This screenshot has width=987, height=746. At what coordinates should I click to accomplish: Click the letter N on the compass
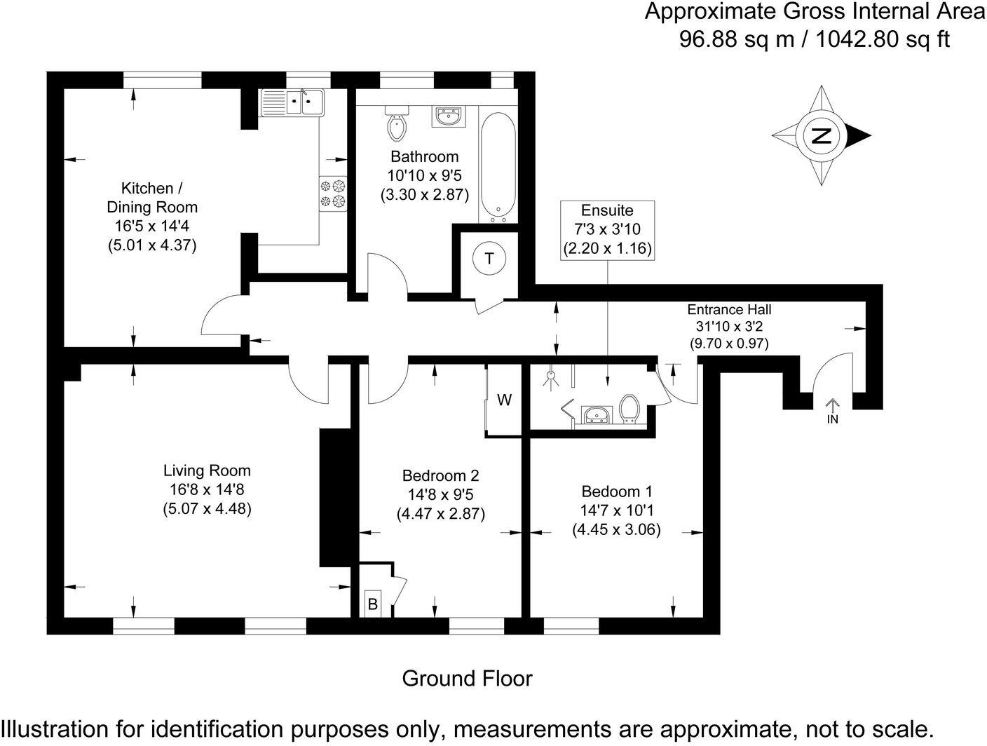[x=821, y=135]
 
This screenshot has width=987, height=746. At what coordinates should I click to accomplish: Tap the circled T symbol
[x=489, y=259]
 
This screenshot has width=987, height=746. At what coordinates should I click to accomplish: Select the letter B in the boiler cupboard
[x=373, y=603]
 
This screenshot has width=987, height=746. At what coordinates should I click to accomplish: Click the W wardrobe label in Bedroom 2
[x=504, y=400]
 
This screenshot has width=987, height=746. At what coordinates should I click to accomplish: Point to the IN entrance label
[x=833, y=419]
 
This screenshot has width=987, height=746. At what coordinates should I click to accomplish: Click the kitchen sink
[x=293, y=103]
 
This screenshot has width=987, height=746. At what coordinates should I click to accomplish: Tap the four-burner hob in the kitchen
[x=334, y=194]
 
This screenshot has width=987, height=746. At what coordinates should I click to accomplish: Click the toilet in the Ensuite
[x=629, y=409]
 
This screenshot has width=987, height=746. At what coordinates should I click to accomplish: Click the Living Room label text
[x=207, y=470]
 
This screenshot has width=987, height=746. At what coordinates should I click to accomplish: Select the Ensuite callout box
[x=607, y=229]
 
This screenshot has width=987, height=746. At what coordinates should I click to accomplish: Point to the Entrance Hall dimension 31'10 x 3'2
[x=728, y=327]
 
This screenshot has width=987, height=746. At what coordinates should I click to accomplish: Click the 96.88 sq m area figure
[x=737, y=39]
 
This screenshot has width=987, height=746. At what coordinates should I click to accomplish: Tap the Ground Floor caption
[x=467, y=679]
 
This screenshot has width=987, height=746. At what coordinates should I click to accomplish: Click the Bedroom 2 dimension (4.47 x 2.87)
[x=440, y=513]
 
